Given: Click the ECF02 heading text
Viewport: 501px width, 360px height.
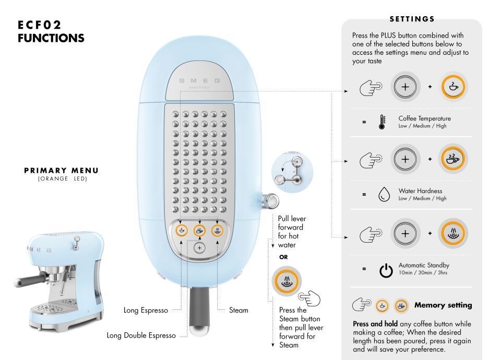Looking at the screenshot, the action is coord(39,25).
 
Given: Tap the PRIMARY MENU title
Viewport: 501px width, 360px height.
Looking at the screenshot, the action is coord(62,171).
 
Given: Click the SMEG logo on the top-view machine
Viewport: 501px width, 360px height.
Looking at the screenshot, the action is coord(199,81).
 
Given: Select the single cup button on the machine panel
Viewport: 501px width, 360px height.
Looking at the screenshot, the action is coord(182,230).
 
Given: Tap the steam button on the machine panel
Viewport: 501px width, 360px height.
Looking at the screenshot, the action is coord(217,230).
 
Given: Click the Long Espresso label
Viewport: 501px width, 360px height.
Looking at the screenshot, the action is coord(146,310).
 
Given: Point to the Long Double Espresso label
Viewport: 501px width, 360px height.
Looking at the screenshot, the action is coord(141,335).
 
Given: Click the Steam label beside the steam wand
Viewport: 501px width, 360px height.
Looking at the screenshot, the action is coord(238,310).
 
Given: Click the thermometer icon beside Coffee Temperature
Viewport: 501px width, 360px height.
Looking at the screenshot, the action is coord(382,122).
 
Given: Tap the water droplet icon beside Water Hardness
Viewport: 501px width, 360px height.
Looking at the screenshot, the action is coord(384,194).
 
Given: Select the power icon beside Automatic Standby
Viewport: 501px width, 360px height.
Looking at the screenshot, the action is coord(386,271).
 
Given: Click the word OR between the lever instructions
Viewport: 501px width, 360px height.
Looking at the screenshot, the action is coord(283,257).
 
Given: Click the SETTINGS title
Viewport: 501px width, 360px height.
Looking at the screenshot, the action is coord(412,19).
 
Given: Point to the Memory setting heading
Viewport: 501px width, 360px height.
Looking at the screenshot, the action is coord(443,305).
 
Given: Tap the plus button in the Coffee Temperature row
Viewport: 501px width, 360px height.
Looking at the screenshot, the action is coord(405,87).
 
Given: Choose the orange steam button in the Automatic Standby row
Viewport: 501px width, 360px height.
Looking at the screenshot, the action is coord(453,234).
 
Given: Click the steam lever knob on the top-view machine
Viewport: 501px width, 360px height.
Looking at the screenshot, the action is coord(270,201).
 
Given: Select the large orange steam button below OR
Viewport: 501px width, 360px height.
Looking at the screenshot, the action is coord(287,281).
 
